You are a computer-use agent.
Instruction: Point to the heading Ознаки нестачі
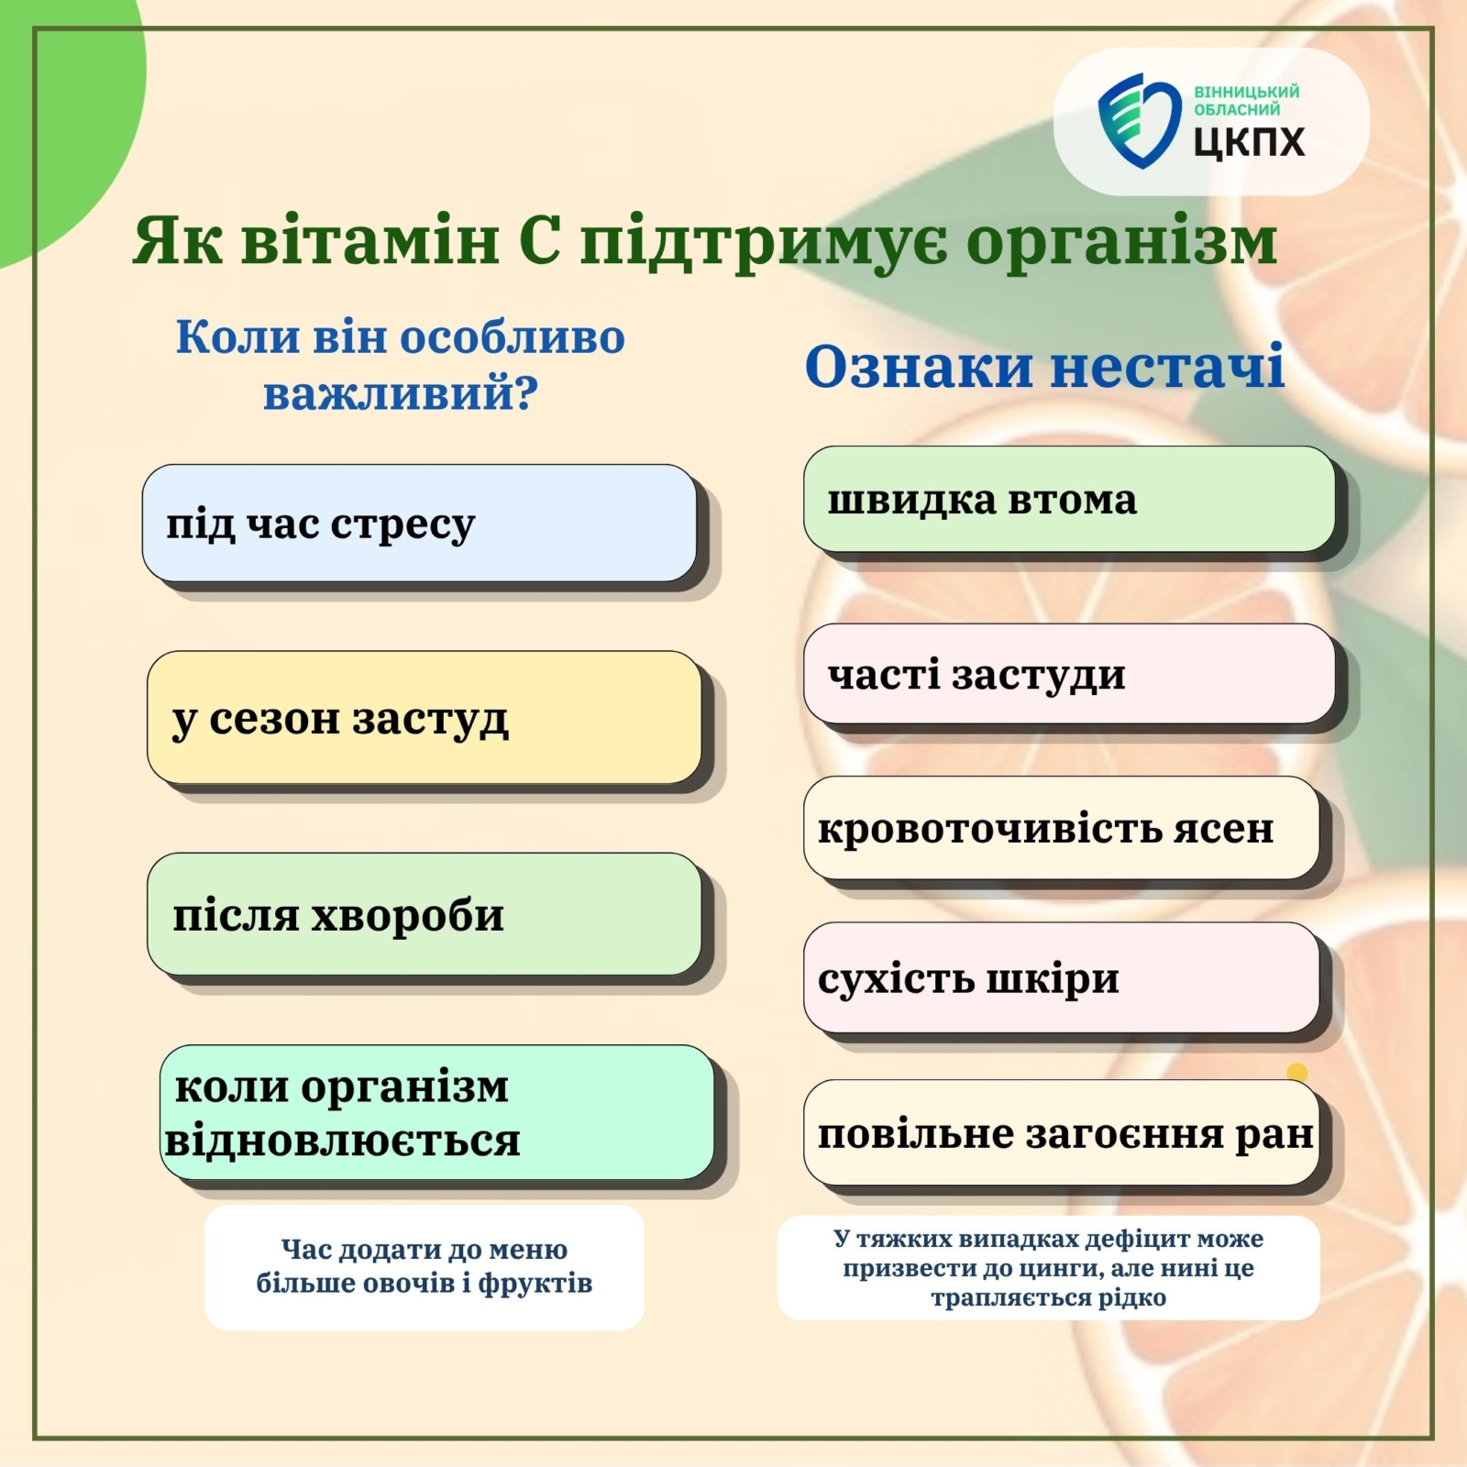tap(1044, 367)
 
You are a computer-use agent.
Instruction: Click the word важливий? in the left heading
tap(401, 393)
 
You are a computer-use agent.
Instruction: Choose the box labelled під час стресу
tap(420, 523)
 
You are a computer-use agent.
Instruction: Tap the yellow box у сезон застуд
tap(425, 717)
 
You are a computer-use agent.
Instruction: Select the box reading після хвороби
tap(425, 914)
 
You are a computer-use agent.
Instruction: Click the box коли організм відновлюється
tap(437, 1112)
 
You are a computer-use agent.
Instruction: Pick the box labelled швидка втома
tap(1069, 499)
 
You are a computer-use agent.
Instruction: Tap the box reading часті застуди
tap(1069, 674)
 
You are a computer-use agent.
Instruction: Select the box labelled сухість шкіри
tap(1062, 977)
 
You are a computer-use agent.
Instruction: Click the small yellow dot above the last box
tap(1296, 1072)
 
